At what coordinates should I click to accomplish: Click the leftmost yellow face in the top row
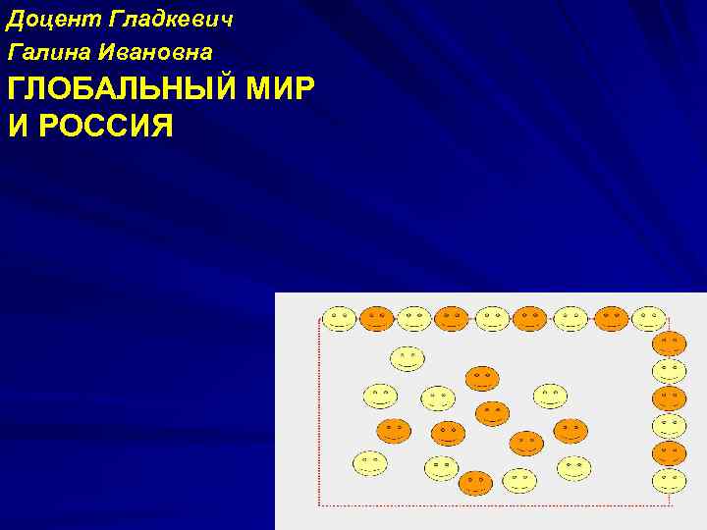coord(340,319)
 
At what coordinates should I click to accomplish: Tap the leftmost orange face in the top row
coord(376,318)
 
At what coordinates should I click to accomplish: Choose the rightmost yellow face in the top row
coord(649,319)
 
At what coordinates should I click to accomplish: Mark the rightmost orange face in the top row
coord(611,318)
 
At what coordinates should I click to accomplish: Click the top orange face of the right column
coord(669,344)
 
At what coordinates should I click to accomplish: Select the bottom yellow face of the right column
coord(669,481)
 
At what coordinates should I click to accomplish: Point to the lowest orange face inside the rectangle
coord(475,483)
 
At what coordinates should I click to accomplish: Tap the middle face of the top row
coord(492,319)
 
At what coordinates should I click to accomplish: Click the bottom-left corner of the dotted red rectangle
coord(320,503)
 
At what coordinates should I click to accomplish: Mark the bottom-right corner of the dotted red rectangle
coord(672,503)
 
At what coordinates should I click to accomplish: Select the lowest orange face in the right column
coord(669,452)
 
